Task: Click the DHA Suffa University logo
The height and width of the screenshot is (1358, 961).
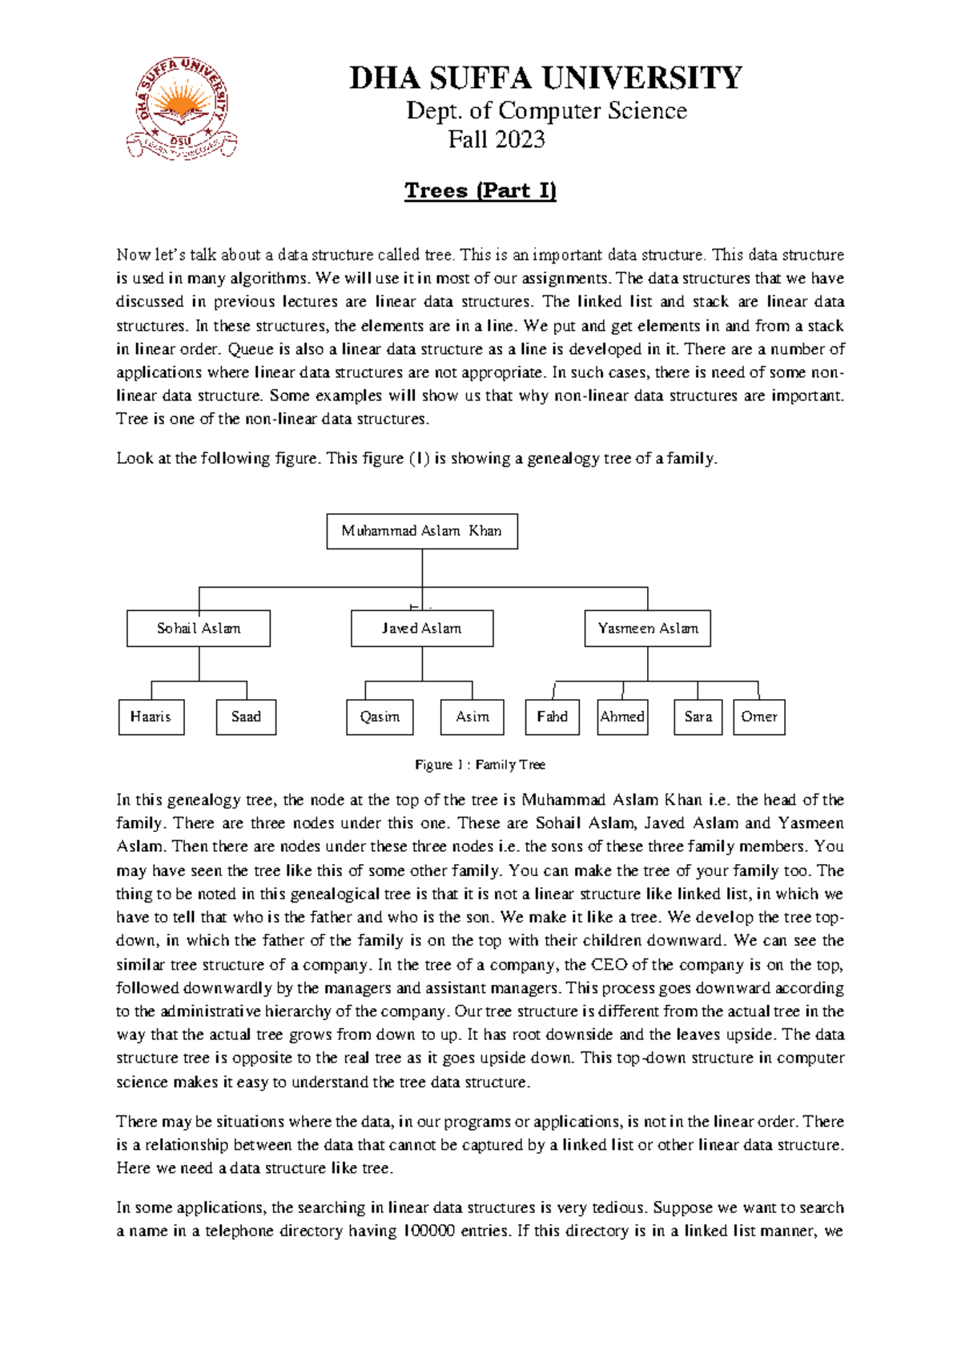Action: click(x=182, y=109)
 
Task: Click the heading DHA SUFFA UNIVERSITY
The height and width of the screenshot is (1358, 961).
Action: click(x=545, y=78)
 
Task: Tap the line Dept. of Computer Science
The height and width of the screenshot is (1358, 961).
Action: click(x=546, y=110)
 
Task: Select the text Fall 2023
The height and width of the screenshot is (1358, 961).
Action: click(x=497, y=139)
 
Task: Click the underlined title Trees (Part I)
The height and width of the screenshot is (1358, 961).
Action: click(x=480, y=191)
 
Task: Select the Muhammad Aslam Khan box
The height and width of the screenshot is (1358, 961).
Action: click(x=422, y=531)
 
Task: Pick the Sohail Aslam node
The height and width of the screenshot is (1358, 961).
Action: click(x=199, y=629)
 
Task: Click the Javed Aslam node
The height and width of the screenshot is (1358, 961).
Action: click(x=422, y=629)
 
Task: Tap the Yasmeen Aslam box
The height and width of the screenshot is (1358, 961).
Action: click(x=648, y=629)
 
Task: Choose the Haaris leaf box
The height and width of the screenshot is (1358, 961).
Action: click(x=151, y=717)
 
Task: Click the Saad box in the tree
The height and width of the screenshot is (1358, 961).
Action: click(x=246, y=717)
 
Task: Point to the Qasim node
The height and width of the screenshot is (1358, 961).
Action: click(x=380, y=717)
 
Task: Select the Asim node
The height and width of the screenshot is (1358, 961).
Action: click(x=472, y=717)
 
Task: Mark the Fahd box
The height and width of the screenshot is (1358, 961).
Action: click(x=553, y=717)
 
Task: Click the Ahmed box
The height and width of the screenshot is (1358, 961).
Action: click(x=622, y=717)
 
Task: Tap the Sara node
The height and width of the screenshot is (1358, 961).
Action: click(x=698, y=717)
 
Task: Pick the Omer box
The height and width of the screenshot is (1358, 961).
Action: click(x=759, y=717)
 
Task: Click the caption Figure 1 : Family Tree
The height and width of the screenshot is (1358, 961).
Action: click(x=480, y=765)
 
